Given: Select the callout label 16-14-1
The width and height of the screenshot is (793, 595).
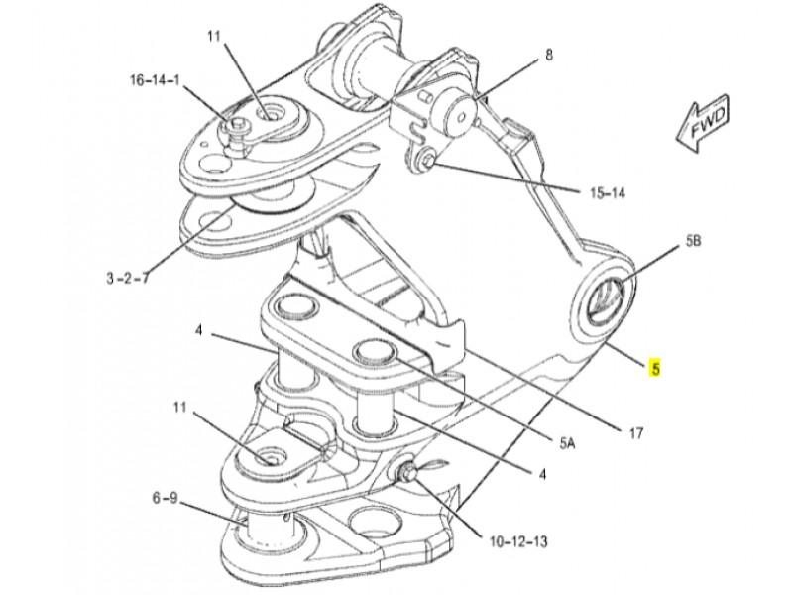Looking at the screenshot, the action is click(155, 80).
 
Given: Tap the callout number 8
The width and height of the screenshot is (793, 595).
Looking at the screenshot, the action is click(549, 55).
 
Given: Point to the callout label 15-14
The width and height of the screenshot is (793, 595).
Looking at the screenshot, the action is click(607, 192).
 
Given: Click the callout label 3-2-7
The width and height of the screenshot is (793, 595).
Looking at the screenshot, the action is click(128, 278).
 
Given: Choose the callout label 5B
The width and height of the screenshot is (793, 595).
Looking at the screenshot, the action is click(693, 241).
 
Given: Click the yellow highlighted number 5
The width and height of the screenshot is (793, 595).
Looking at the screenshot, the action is click(655, 368).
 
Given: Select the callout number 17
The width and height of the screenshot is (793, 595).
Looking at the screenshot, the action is click(635, 433).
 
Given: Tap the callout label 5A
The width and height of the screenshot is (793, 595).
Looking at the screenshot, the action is click(567, 443).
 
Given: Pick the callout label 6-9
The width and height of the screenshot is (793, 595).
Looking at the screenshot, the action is click(165, 499).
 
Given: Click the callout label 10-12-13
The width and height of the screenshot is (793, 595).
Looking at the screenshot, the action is click(518, 541).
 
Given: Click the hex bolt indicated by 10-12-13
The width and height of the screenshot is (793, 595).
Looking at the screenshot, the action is click(407, 473).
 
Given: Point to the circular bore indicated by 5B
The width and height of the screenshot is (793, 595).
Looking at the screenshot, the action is click(606, 299).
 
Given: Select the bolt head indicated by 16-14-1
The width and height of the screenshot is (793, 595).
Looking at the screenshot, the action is click(237, 125).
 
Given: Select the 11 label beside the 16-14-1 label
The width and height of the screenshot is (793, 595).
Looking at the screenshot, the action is click(214, 36).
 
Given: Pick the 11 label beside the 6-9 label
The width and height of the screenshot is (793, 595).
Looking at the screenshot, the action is click(180, 408).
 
